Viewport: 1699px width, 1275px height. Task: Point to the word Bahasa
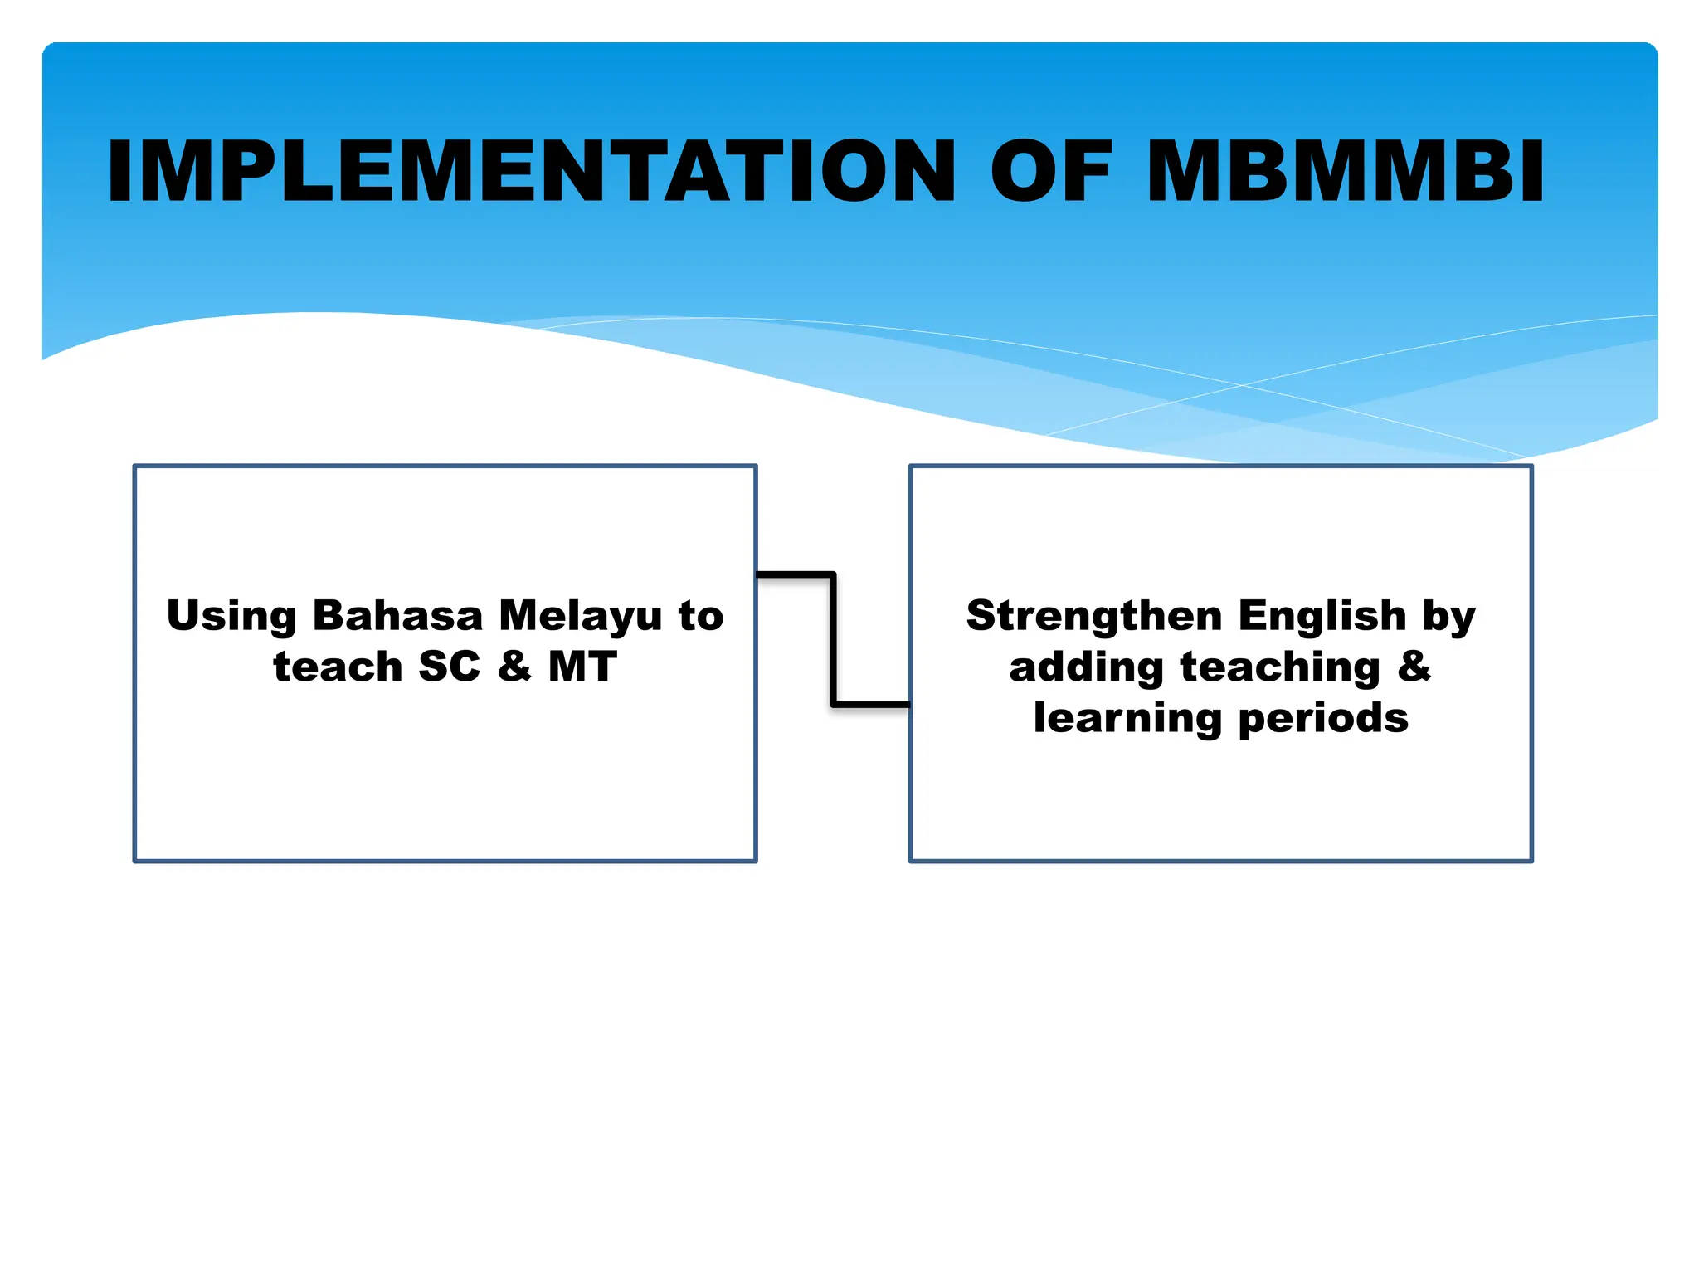[397, 616]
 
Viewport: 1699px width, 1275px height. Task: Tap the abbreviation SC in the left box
[450, 667]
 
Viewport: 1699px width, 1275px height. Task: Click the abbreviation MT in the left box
[582, 667]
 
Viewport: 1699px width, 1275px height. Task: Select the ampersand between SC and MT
[514, 667]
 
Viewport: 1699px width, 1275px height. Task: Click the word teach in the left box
[338, 667]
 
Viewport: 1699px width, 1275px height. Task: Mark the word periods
[1323, 719]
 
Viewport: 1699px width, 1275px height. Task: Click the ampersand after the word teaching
[1414, 667]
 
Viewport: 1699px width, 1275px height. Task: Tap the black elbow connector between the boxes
[833, 639]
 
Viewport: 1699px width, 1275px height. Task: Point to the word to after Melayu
[701, 616]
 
